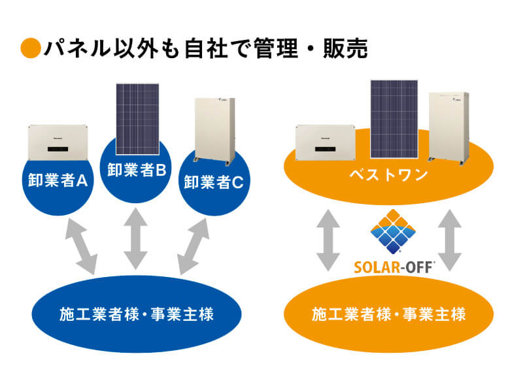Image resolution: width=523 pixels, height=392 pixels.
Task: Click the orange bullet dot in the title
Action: click(31, 49)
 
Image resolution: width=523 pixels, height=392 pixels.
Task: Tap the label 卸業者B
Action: click(137, 172)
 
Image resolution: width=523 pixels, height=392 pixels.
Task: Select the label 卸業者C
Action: click(214, 182)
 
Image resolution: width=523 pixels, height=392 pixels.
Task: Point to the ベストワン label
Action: click(388, 174)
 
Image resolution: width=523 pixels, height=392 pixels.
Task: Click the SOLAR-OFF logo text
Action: click(393, 266)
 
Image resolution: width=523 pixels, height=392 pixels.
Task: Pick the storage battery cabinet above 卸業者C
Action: click(214, 129)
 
